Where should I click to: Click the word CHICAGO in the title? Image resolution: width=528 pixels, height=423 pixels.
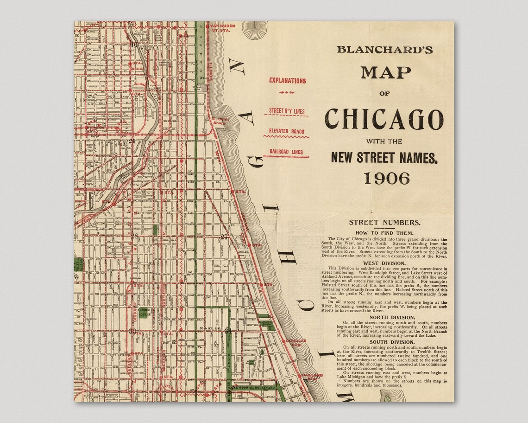coord(384,119)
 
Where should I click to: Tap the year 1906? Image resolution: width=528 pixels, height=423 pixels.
coord(386,178)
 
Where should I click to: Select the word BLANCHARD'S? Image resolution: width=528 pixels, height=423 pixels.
coord(384,50)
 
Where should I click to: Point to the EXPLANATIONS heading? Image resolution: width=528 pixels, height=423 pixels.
coord(287,81)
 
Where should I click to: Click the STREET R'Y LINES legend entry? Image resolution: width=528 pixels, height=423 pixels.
coord(287,111)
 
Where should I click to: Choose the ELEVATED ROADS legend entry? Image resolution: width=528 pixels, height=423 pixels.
coord(287,131)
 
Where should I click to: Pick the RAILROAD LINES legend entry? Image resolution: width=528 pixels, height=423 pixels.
coord(286,152)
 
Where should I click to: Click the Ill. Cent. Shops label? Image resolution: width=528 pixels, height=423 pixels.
coord(220,122)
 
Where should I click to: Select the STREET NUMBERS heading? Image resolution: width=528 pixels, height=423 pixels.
coord(384,223)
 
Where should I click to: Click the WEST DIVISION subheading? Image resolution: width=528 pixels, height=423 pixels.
coord(384,263)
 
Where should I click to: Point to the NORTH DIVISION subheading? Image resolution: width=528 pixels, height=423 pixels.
coord(384,317)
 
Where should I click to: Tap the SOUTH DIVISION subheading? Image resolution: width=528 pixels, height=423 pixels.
coord(384,342)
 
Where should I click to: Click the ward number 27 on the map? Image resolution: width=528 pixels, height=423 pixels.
coord(224,237)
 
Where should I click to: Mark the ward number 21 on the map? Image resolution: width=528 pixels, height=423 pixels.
coord(132,141)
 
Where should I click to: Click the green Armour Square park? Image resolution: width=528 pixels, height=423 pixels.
coord(143,314)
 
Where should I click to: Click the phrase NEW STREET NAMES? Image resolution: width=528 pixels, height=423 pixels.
coord(384,158)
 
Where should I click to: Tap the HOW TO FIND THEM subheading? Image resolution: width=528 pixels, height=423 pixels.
coord(384,232)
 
